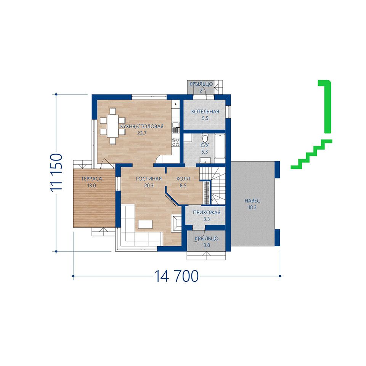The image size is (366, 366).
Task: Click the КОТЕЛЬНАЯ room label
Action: (205, 112)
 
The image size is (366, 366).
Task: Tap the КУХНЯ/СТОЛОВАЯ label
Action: (142, 127)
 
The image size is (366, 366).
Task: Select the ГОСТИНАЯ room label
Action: (149, 179)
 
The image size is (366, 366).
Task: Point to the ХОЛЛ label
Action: (183, 179)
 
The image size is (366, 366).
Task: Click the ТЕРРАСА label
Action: (91, 179)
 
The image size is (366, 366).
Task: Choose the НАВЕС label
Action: (252, 201)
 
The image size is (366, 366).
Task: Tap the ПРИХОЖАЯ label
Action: (207, 212)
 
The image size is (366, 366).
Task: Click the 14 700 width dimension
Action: (177, 276)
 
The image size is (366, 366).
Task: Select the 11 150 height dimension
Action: (56, 173)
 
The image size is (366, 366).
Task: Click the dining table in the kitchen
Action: (113, 126)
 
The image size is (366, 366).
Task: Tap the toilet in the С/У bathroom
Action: (205, 138)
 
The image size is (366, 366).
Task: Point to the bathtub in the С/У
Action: (220, 146)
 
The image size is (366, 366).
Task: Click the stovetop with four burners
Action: (175, 142)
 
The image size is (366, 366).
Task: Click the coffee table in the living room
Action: (145, 224)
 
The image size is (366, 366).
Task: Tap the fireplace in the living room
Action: (176, 223)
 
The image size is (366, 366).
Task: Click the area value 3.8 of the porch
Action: (207, 245)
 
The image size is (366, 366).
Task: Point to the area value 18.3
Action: (252, 207)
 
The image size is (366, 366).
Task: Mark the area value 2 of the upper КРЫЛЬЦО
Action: (201, 91)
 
